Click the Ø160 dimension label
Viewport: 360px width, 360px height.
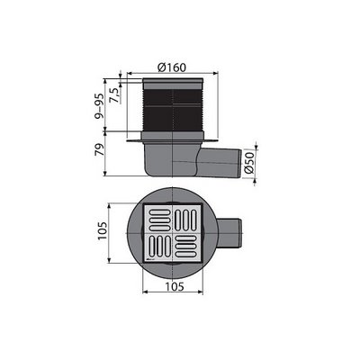(172, 67)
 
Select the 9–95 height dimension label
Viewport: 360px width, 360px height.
(99, 106)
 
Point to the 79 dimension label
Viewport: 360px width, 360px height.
(99, 149)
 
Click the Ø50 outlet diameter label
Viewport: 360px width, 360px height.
(249, 162)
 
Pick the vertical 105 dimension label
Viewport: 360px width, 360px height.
(102, 230)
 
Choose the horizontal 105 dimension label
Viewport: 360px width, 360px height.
(175, 287)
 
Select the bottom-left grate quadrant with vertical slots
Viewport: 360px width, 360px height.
(157, 247)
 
